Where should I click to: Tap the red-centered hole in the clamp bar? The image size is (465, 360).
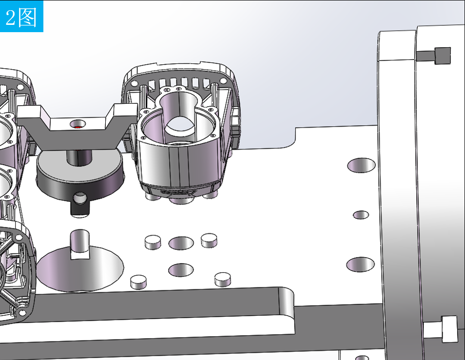coord(77,124)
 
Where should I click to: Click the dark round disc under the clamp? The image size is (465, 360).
coord(79,175)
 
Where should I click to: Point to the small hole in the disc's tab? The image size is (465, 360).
coord(79,198)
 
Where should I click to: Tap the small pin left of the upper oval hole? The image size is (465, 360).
coord(153,242)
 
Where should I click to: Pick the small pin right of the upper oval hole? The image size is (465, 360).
coord(209,240)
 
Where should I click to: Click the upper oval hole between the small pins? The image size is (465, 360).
coord(181,243)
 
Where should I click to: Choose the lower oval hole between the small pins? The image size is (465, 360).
coord(181,270)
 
